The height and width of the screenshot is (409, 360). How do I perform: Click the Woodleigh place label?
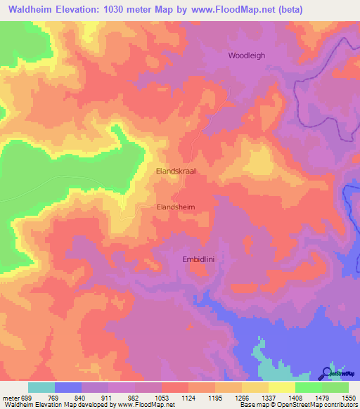(x=246, y=56)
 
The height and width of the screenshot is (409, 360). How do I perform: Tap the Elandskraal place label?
(x=176, y=171)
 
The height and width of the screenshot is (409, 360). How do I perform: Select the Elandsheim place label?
(x=175, y=207)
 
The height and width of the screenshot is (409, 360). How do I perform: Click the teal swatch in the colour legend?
(x=41, y=387)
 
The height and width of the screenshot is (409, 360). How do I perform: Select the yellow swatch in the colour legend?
(x=282, y=387)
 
